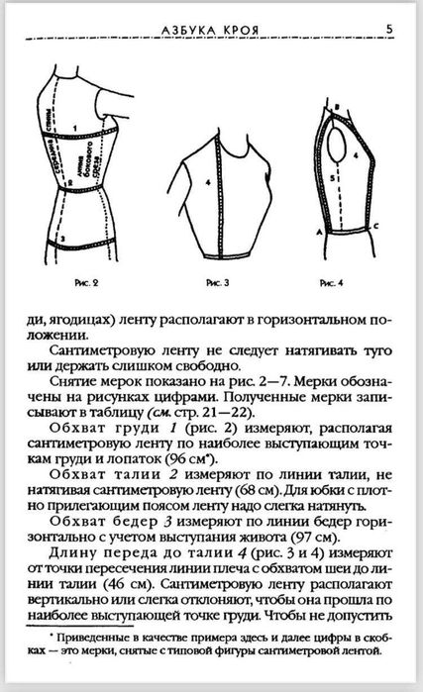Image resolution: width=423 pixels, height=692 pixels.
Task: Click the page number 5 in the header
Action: (x=390, y=29)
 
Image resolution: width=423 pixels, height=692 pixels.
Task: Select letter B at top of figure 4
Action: (x=338, y=104)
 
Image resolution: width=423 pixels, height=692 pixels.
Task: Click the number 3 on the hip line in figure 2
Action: (x=61, y=239)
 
